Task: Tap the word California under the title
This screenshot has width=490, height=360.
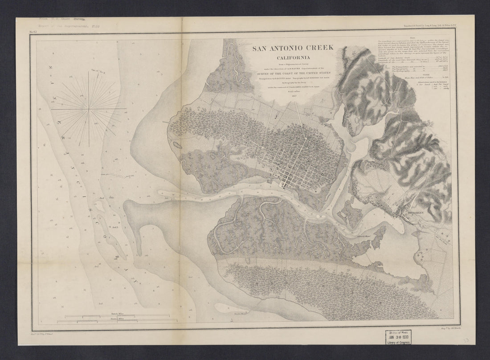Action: [293, 57]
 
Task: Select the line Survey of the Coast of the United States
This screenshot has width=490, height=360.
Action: [293, 74]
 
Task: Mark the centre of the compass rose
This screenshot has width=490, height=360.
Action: [89, 108]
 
